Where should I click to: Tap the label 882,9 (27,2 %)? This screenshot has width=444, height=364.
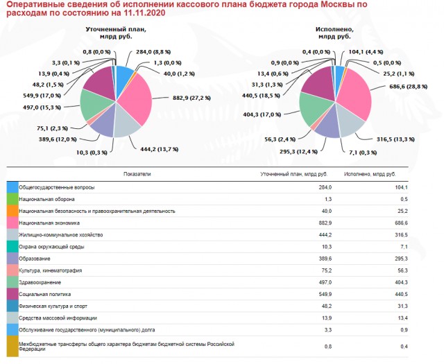coord(191,98)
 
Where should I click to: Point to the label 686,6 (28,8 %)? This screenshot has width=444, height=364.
coord(409,87)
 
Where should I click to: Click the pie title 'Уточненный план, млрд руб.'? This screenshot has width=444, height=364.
coord(116,33)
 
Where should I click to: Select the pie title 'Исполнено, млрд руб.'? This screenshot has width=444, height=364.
coord(334,33)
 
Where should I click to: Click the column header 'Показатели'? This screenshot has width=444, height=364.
coord(137,174)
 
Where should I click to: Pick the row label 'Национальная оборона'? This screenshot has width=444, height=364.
coord(46,199)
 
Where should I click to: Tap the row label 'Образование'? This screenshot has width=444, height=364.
coord(35,259)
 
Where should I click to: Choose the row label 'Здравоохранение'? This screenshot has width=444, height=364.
coord(40,282)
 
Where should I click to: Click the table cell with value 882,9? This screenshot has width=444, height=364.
coord(325,223)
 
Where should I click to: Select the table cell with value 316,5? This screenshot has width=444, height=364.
coord(402,235)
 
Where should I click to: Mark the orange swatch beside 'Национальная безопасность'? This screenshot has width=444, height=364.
coord(12,211)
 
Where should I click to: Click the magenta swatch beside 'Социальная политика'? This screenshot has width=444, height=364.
coord(12,294)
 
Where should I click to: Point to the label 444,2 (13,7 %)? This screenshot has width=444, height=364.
coord(160,149)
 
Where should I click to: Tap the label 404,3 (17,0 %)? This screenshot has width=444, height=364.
coord(262,114)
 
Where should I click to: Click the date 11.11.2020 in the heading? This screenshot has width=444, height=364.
coord(144,13)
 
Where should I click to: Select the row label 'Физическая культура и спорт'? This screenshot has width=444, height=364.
coord(53,306)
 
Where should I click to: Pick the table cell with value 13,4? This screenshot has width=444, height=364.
coord(402,318)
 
